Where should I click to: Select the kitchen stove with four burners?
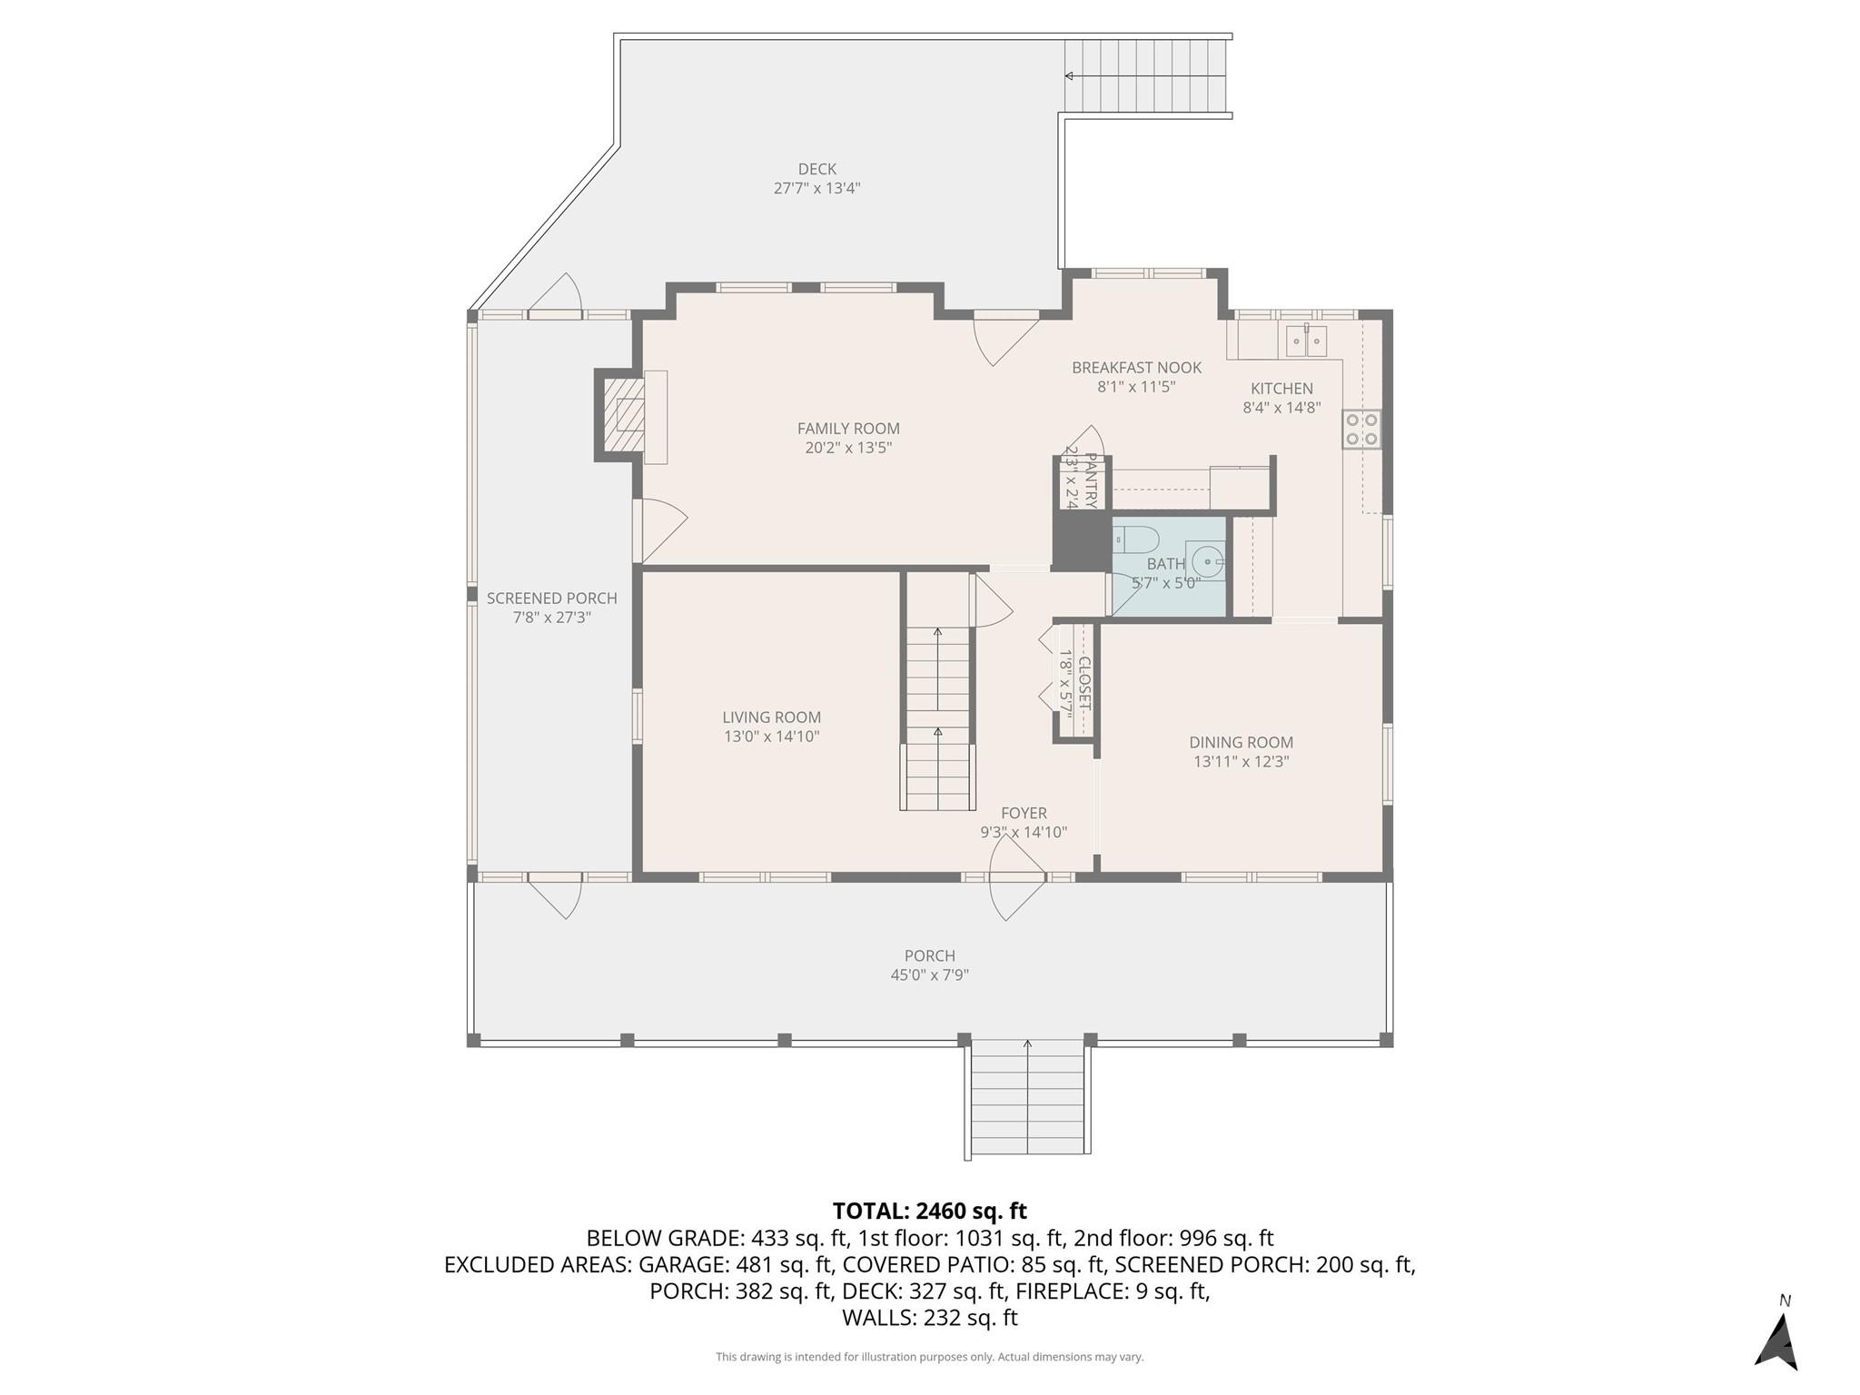(x=1361, y=430)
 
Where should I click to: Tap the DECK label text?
(x=816, y=169)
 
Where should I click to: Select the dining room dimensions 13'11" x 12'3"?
(x=1241, y=762)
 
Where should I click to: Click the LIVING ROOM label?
(x=771, y=717)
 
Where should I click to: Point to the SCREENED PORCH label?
(x=551, y=599)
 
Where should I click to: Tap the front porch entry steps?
(x=1027, y=1099)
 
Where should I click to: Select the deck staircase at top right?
(x=1146, y=76)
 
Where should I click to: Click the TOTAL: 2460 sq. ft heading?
(x=929, y=1211)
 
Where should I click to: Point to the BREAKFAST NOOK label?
(x=1136, y=368)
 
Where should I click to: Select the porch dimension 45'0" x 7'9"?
(x=929, y=975)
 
